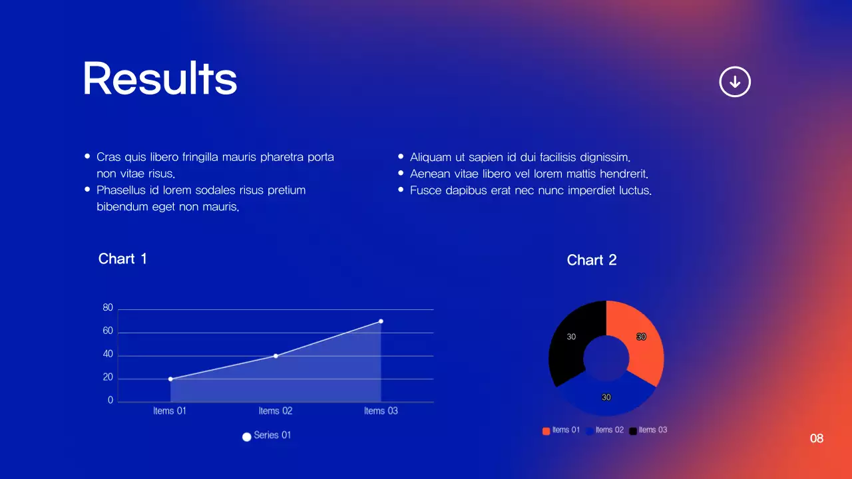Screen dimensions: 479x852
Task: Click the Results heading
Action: point(160,79)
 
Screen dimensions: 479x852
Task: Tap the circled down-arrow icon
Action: point(735,82)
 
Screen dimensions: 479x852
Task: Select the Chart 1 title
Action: point(122,259)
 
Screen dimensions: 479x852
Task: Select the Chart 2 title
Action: point(591,260)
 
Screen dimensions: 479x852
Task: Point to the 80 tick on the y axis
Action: point(108,308)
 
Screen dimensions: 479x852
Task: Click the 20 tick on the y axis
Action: point(108,378)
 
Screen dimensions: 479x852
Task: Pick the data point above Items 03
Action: point(381,321)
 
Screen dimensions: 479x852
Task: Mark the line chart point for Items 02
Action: point(276,356)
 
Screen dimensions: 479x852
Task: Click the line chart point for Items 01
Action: point(170,379)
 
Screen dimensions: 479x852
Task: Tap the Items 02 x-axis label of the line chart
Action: point(276,411)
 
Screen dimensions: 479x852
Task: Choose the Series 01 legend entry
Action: point(267,436)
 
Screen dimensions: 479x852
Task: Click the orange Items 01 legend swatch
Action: point(546,431)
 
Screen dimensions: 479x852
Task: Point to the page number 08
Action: point(816,438)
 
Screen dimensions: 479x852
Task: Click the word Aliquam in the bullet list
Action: point(430,158)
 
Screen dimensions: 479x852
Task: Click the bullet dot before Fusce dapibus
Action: point(401,190)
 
